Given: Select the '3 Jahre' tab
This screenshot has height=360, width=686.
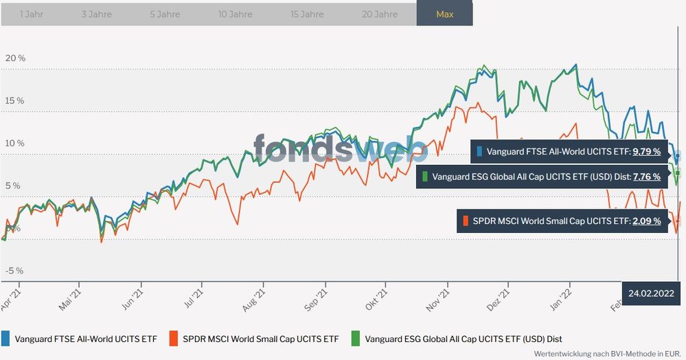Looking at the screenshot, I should [96, 14].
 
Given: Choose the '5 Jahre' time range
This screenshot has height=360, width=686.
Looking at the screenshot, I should [165, 14].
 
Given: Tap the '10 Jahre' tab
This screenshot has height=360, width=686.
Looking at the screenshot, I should [236, 14].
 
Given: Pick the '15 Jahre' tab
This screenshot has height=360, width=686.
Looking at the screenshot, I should [307, 14].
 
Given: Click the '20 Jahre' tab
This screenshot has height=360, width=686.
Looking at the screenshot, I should [380, 14].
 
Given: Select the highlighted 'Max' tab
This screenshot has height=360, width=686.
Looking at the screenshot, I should [444, 14].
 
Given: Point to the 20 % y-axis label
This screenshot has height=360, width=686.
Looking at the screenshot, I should [15, 58].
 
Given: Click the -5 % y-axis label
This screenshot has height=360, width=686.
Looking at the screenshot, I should [14, 271].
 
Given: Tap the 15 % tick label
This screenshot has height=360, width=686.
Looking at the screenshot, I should [15, 101].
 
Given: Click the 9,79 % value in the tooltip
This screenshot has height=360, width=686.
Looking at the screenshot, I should [646, 152].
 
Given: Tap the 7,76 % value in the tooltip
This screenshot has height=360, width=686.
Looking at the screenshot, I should [646, 177].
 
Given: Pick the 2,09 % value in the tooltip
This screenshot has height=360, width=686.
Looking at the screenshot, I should [646, 221].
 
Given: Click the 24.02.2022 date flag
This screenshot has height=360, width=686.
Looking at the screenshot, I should [650, 293].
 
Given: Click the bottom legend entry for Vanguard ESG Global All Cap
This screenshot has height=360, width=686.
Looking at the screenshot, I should [458, 338].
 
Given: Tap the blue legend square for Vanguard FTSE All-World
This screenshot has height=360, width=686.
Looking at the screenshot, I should [6, 338].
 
